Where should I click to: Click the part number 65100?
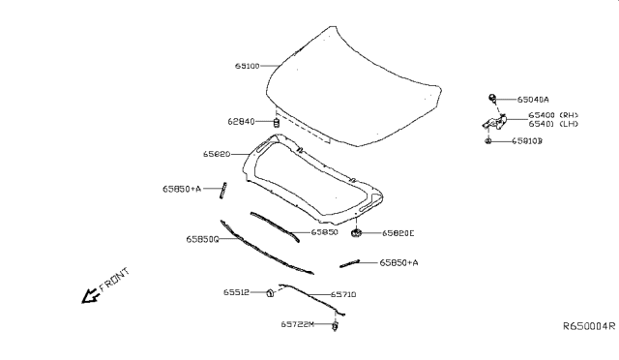(247, 67)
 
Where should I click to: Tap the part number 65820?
(216, 154)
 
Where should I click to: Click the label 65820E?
(398, 233)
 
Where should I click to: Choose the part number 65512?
(237, 291)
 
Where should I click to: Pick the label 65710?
(343, 294)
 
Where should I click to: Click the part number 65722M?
(298, 325)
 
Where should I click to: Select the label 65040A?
(533, 99)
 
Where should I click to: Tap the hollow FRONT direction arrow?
(89, 296)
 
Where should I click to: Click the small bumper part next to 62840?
(277, 123)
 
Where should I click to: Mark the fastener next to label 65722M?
(335, 325)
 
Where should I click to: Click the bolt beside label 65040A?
(492, 98)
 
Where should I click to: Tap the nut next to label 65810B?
(490, 141)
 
